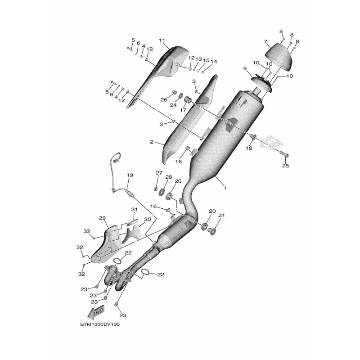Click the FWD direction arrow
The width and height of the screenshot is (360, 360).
click(96, 312)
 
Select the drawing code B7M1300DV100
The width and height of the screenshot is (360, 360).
click(100, 324)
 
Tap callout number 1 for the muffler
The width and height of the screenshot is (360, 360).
click(225, 188)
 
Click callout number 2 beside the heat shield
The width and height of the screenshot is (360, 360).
click(152, 142)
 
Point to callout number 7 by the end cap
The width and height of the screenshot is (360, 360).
click(265, 41)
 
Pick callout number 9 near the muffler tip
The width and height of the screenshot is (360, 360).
click(245, 68)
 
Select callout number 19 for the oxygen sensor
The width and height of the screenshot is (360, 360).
click(130, 175)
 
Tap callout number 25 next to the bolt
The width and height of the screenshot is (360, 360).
click(285, 166)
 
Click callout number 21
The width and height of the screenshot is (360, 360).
click(221, 215)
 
